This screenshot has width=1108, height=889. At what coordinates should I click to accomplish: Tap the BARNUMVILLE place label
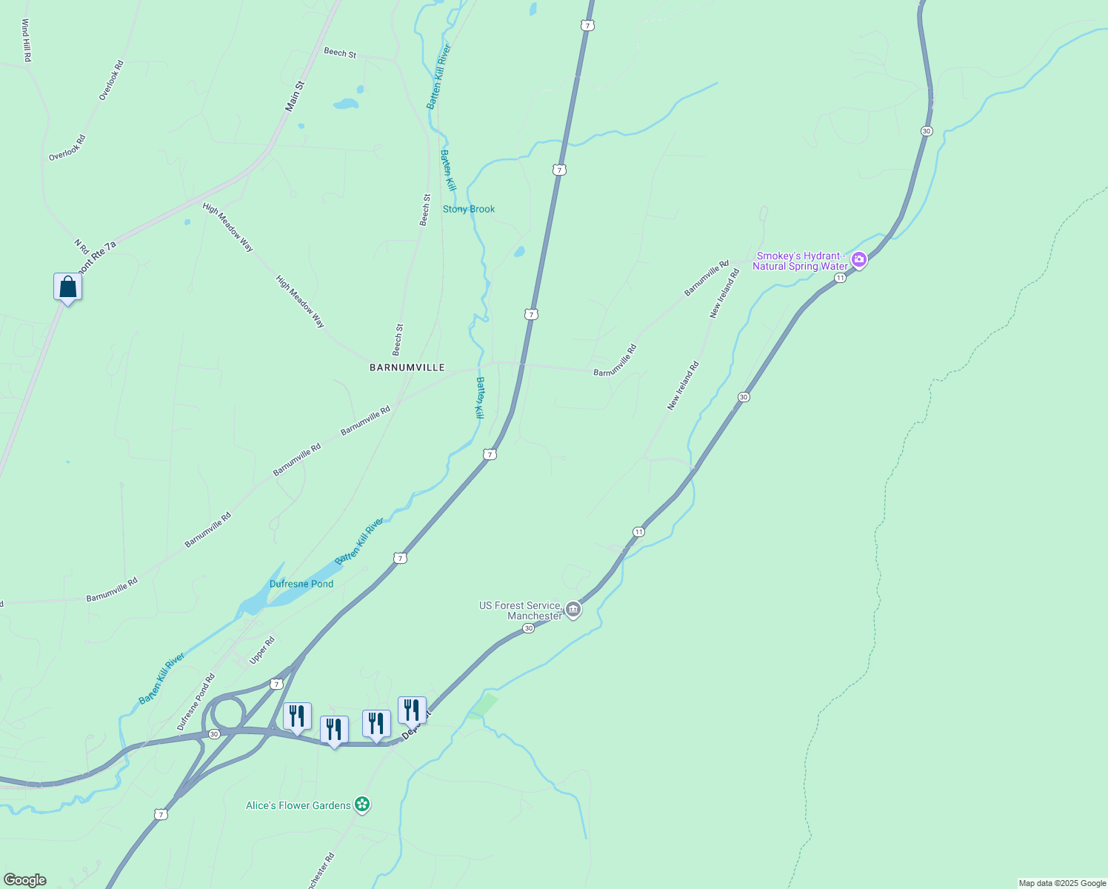[x=407, y=367]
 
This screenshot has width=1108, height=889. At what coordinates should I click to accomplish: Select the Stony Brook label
[x=469, y=210]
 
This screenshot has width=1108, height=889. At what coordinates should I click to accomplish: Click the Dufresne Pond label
[x=301, y=584]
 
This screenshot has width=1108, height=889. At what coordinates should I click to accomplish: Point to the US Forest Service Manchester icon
[x=573, y=610]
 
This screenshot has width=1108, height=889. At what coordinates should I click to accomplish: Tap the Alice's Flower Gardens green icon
[x=361, y=804]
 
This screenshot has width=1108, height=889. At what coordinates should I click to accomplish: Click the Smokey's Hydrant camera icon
[x=859, y=259]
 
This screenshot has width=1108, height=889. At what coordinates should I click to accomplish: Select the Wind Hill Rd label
[x=26, y=41]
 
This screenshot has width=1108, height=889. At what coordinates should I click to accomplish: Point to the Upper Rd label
[x=262, y=650]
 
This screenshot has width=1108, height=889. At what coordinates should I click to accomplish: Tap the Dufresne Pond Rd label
[x=196, y=702]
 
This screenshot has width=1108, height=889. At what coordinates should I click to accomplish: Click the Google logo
[x=25, y=880]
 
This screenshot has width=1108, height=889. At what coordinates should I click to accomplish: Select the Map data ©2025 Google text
[x=1062, y=883]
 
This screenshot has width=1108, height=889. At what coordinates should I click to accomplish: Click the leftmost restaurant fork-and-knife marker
[x=297, y=716]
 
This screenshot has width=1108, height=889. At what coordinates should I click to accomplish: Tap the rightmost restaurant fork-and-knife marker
[x=412, y=710]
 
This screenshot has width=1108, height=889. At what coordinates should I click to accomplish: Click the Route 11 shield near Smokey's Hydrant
[x=840, y=278]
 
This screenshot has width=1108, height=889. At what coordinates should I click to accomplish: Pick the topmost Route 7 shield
[x=587, y=26]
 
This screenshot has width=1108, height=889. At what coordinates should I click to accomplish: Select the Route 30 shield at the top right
[x=927, y=131]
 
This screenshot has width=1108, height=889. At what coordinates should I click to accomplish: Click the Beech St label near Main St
[x=340, y=53]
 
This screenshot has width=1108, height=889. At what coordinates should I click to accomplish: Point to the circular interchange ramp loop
[x=227, y=713]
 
